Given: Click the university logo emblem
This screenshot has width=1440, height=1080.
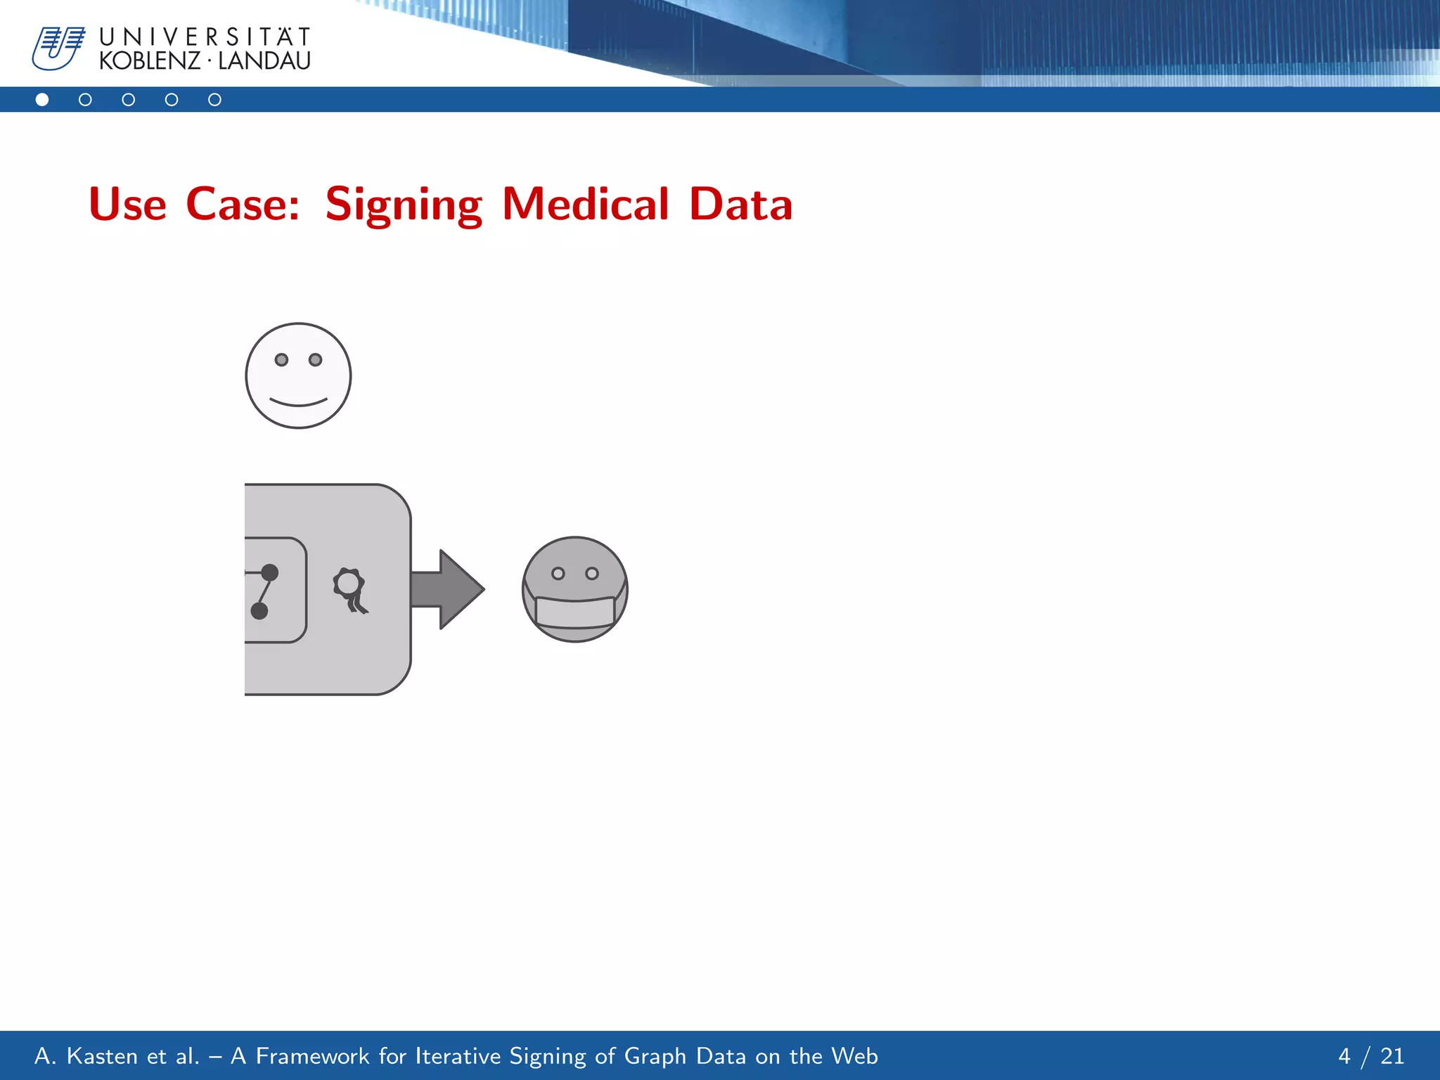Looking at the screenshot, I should [58, 48].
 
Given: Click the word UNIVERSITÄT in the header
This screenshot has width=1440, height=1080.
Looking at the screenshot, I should [205, 37].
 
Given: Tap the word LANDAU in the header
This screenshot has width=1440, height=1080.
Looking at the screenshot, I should [264, 61].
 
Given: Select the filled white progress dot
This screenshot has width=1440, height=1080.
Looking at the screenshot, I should [42, 100].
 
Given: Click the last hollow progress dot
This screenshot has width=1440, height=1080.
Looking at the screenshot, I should [215, 100].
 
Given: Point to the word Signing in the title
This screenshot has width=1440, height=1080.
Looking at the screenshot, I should [404, 205].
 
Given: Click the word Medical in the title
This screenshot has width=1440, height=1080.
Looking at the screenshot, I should [586, 204].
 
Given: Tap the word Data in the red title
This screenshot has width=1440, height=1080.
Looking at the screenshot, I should [741, 204].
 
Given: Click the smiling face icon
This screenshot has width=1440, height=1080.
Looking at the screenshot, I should [298, 375].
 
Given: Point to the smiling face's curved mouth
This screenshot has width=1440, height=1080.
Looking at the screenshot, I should [298, 403].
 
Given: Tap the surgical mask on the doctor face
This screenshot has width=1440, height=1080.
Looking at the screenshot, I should [574, 610].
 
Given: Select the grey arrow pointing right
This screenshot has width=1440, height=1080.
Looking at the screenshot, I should [447, 589].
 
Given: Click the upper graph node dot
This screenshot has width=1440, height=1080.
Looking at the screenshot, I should [270, 572].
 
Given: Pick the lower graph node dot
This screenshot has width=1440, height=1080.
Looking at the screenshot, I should [259, 610].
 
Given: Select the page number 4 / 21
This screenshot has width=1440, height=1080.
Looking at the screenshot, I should [1370, 1056].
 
